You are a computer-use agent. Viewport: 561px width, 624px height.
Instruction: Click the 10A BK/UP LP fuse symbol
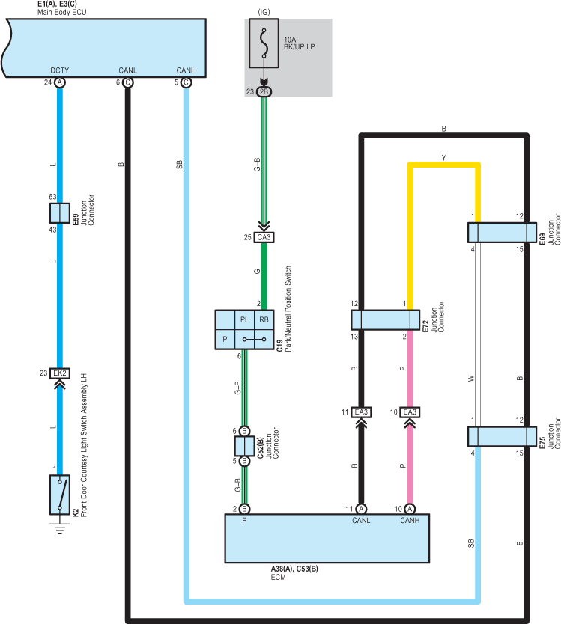[264, 43]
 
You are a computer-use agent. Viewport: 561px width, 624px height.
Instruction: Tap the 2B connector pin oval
[264, 91]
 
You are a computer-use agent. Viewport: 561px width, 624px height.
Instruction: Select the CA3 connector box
[264, 238]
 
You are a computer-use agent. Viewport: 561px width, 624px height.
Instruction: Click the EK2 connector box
[60, 373]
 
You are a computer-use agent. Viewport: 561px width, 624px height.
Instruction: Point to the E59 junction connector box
[60, 213]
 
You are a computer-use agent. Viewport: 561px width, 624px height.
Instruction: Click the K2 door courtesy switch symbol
[60, 495]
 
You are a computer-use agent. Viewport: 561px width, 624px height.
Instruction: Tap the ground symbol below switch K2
[60, 529]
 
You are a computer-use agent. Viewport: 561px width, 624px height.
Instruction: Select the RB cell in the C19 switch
[264, 320]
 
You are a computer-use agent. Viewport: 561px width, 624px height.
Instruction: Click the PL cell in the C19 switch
[244, 320]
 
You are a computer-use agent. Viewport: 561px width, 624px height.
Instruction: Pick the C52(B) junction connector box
[244, 446]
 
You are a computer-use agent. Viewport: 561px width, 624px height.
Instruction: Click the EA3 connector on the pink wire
[410, 412]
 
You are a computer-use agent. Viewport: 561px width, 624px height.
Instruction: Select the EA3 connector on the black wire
[361, 412]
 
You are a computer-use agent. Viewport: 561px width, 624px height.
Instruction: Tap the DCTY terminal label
[60, 70]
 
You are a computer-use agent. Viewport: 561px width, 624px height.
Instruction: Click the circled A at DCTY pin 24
[60, 82]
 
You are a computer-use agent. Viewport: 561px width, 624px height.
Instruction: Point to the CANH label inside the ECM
[410, 521]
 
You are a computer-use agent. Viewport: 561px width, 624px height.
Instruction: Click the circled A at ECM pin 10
[410, 509]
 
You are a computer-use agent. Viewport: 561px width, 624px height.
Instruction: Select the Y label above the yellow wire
[444, 158]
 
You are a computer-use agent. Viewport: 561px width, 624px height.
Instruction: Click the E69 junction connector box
[502, 233]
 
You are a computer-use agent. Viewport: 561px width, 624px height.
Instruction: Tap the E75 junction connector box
[502, 436]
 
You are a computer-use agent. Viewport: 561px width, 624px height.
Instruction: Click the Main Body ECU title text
[61, 12]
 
